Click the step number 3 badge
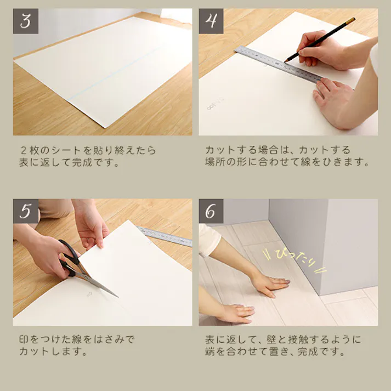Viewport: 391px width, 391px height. click(x=26, y=21)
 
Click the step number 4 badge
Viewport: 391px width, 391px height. click(x=211, y=21)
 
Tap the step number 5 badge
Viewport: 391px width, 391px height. click(x=26, y=211)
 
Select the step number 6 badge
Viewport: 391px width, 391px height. click(x=211, y=211)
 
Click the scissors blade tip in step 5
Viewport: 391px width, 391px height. click(x=115, y=295)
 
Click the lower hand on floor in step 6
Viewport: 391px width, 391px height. click(x=236, y=313)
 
